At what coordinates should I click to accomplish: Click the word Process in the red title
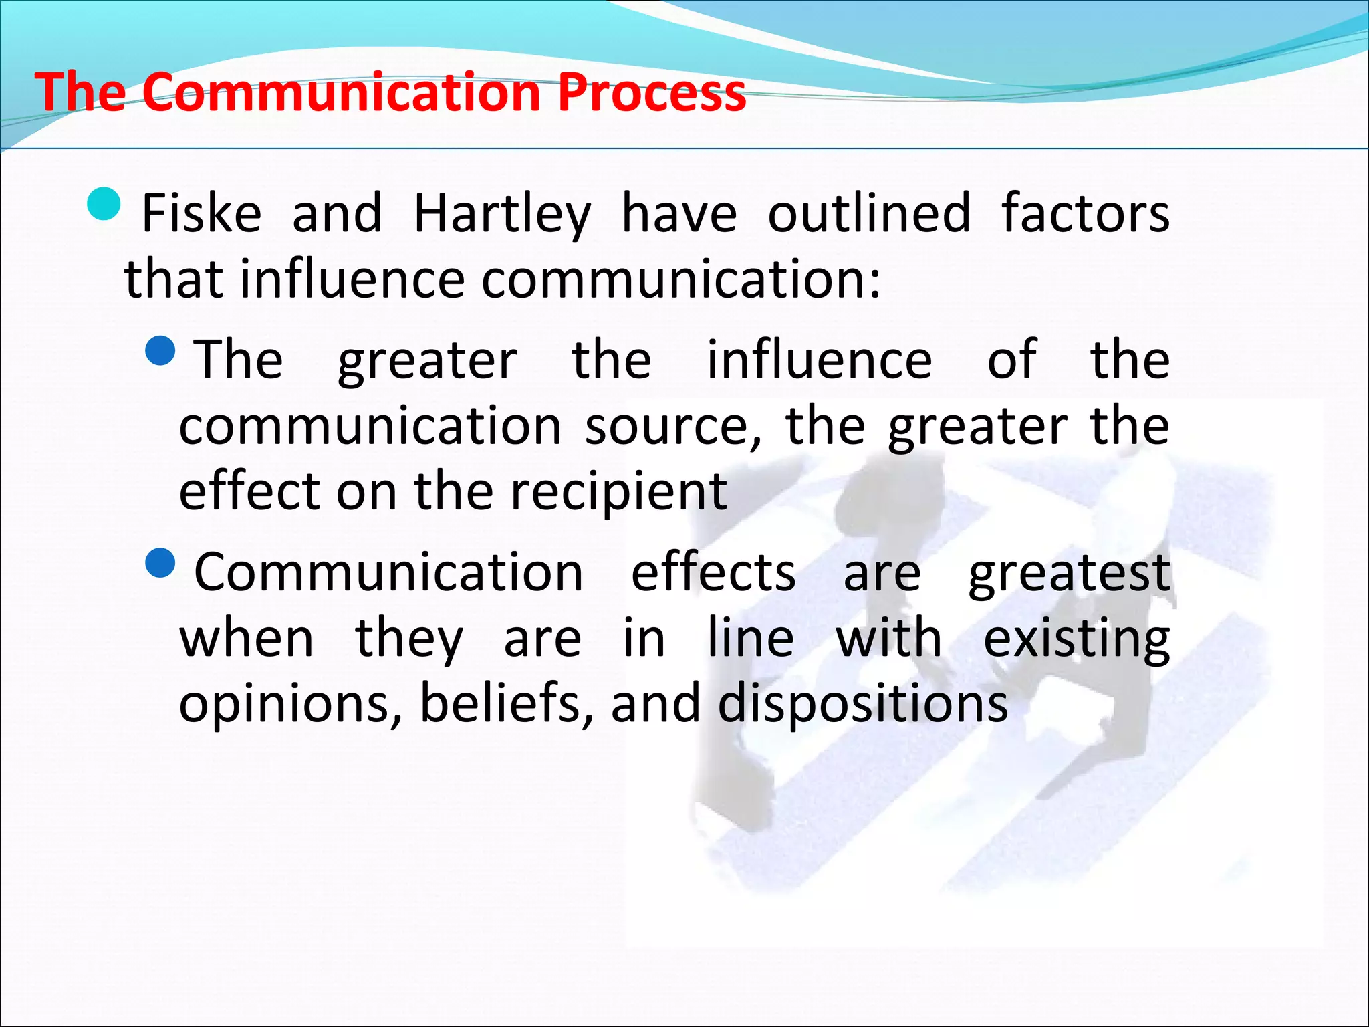tap(652, 92)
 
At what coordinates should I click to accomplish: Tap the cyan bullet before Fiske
tap(104, 204)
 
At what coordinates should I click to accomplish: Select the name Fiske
tap(202, 213)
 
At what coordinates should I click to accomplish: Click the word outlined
tap(868, 213)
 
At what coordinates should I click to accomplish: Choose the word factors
tap(1085, 213)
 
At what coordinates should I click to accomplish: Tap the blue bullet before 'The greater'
tap(160, 351)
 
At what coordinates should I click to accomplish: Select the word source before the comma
tap(672, 426)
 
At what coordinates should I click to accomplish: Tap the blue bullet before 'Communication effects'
tap(160, 563)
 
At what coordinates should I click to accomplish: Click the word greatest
tap(1069, 574)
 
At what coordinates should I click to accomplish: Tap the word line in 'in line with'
tap(751, 639)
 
